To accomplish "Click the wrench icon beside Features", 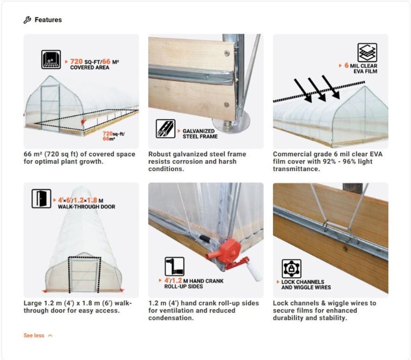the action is tap(27, 20).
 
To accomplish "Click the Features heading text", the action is tap(48, 20).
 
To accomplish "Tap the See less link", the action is tap(38, 335).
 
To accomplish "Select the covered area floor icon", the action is tap(51, 60).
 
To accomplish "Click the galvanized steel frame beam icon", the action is tap(165, 129).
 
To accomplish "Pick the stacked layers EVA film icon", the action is tap(367, 53).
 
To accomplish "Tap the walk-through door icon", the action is tap(42, 199).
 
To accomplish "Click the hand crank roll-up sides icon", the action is tap(175, 266).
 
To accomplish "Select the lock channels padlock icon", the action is tap(291, 268).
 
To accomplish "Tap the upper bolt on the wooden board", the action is tap(227, 54).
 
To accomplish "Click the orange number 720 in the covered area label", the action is tap(76, 61).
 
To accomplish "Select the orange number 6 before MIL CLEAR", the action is tap(346, 65).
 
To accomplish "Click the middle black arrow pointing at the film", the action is tap(316, 89).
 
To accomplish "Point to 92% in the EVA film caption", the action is tap(329, 161).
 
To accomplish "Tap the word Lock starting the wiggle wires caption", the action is tap(280, 303).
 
